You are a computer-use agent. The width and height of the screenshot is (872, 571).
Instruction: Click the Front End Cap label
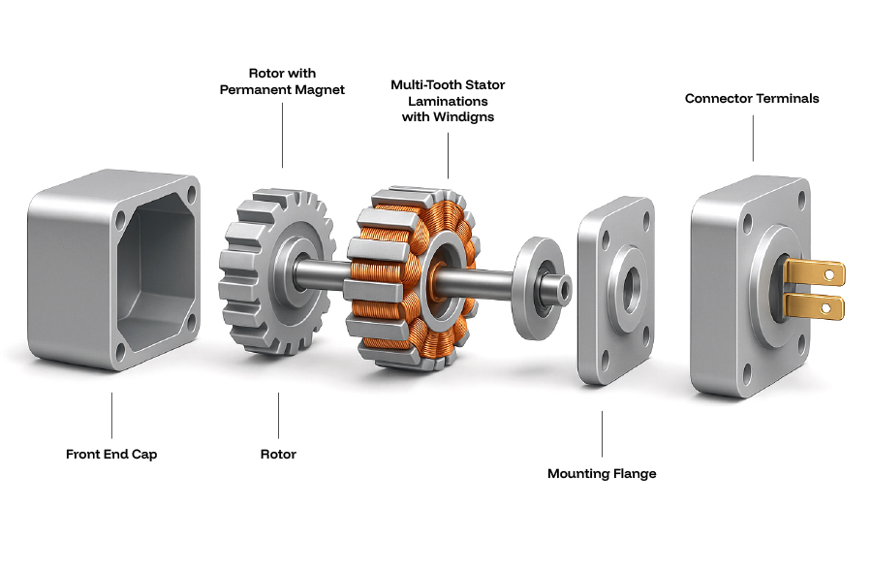pyautogui.click(x=111, y=454)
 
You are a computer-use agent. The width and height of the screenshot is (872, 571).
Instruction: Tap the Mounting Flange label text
pyautogui.click(x=602, y=473)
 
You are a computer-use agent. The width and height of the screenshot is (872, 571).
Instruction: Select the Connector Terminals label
pyautogui.click(x=752, y=98)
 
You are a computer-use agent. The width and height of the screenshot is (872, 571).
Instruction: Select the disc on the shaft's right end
pyautogui.click(x=534, y=288)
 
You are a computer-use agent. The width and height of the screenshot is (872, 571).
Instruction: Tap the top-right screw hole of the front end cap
pyautogui.click(x=192, y=193)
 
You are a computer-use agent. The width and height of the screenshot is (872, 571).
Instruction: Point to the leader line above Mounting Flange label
pyautogui.click(x=602, y=433)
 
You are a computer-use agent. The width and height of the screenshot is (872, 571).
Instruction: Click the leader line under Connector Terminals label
pyautogui.click(x=753, y=136)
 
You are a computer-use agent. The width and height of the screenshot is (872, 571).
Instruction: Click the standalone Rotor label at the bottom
pyautogui.click(x=278, y=454)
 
